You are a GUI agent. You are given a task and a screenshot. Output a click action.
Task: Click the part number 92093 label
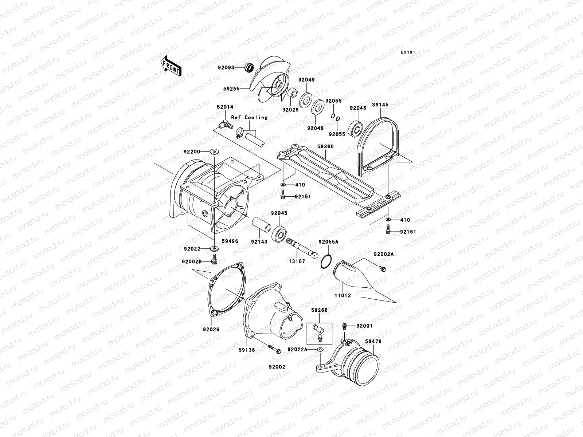coord(236,67)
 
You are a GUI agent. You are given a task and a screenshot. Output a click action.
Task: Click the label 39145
coord(380,105)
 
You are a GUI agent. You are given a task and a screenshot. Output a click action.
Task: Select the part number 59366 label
coord(325,146)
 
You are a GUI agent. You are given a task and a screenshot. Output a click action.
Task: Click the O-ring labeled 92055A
coord(327,262)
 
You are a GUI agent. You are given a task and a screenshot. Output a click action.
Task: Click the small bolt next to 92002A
coord(382,269)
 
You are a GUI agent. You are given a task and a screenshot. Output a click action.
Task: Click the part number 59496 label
coord(230,241)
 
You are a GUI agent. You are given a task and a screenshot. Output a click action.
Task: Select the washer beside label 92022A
coord(320,350)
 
